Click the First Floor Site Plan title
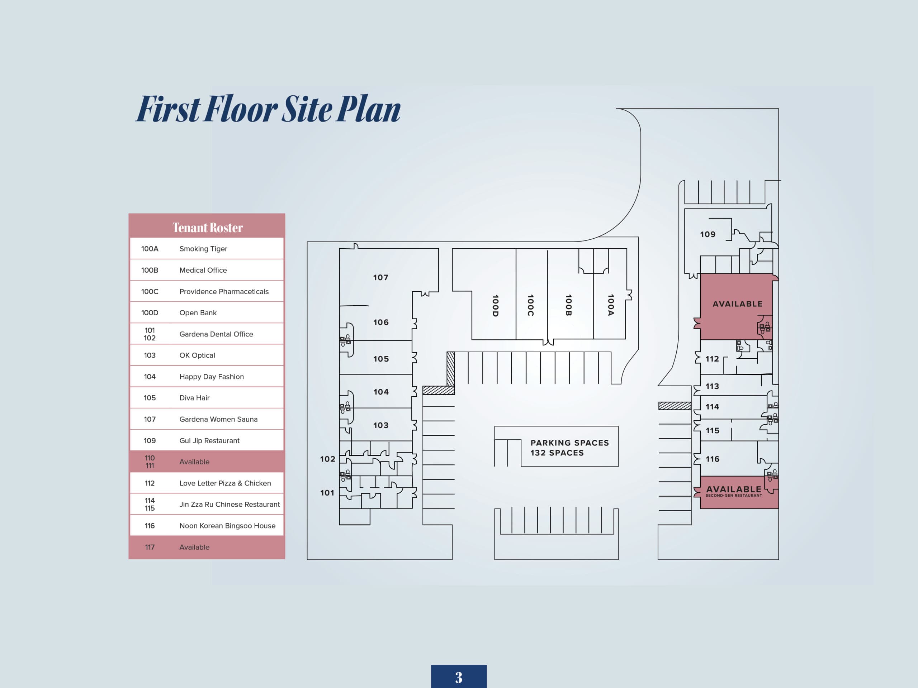tap(268, 109)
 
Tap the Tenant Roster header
tap(208, 228)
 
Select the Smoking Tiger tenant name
tap(203, 249)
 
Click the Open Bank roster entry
tap(198, 313)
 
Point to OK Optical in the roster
tap(197, 355)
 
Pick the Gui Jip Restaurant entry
tap(209, 440)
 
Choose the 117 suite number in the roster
tap(150, 547)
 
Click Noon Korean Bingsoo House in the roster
tap(227, 526)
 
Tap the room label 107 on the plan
tap(380, 277)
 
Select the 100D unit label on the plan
tap(495, 306)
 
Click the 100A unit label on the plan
tap(610, 305)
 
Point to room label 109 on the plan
tap(708, 234)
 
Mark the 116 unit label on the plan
tap(713, 459)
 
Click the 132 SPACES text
tap(557, 453)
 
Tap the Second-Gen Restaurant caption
tap(734, 496)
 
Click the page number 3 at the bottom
tap(459, 678)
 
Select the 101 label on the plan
tap(327, 493)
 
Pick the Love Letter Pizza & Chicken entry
tap(225, 483)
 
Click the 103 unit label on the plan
tap(380, 425)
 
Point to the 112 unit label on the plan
tap(712, 359)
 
